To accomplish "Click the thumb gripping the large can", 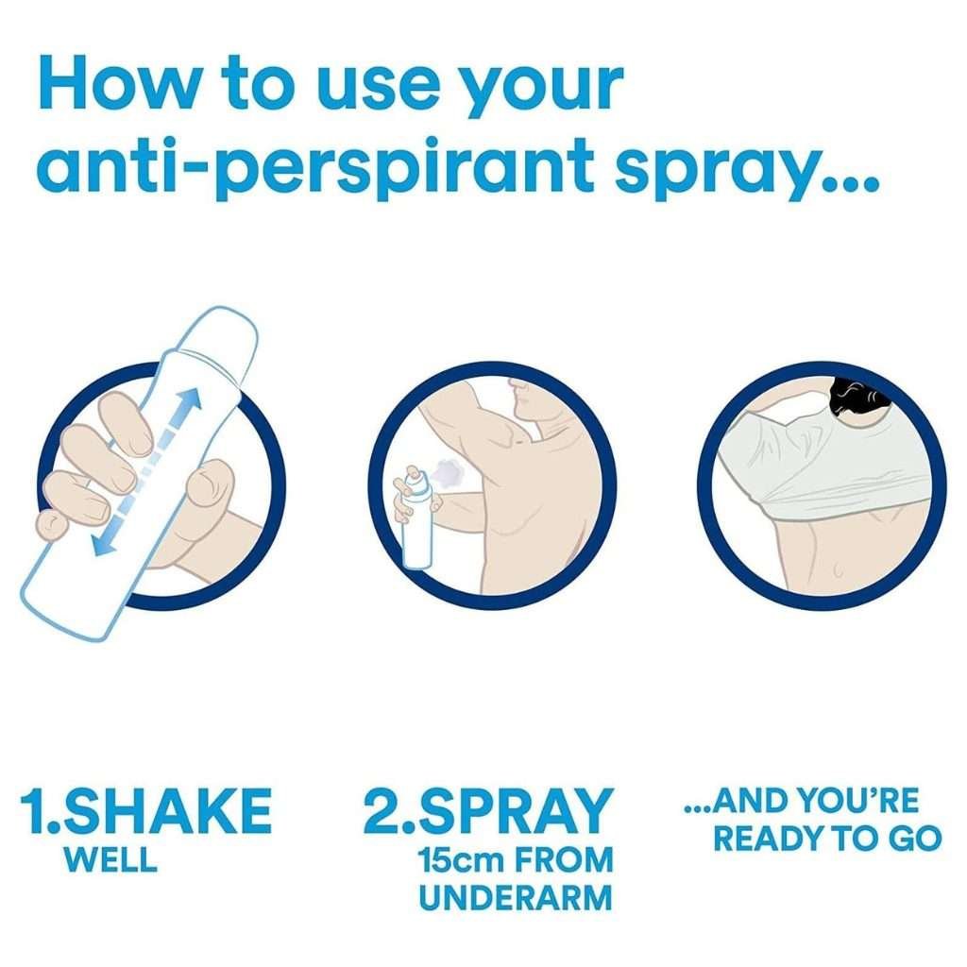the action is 209,490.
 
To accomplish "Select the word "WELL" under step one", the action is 111,859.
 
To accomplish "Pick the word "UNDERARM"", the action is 516,897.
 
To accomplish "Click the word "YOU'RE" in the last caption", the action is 857,801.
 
